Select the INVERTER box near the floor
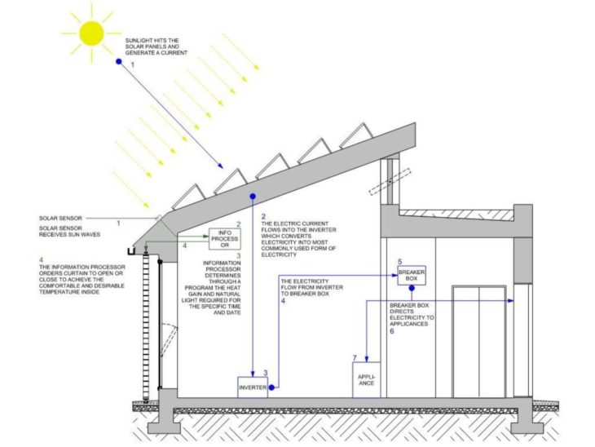(253, 387)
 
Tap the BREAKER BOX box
(412, 275)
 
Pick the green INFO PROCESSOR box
(224, 238)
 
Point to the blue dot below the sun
(119, 61)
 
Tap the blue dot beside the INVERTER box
(272, 388)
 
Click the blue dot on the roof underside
(253, 197)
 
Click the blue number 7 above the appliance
(355, 358)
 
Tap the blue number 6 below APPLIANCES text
(391, 332)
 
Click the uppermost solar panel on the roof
(355, 136)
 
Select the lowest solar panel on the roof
(188, 196)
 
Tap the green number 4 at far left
(42, 260)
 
